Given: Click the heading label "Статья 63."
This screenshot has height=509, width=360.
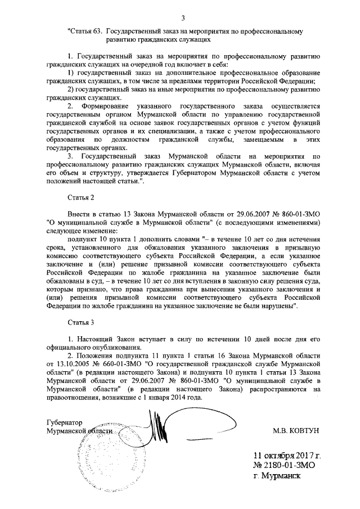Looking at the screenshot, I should pos(85,31).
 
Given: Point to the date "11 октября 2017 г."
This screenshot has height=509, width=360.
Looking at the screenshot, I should pos(286,455).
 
